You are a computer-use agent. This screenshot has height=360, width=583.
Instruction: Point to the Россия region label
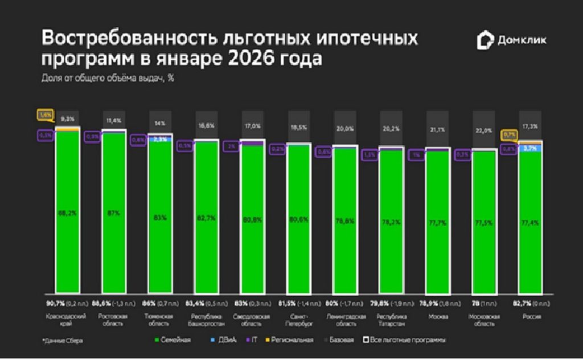(x=530, y=317)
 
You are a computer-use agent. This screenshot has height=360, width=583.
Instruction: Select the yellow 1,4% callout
(x=45, y=114)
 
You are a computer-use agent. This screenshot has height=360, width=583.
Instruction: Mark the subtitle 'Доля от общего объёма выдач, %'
(x=108, y=79)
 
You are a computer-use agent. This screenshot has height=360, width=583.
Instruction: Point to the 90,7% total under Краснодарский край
(x=56, y=302)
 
